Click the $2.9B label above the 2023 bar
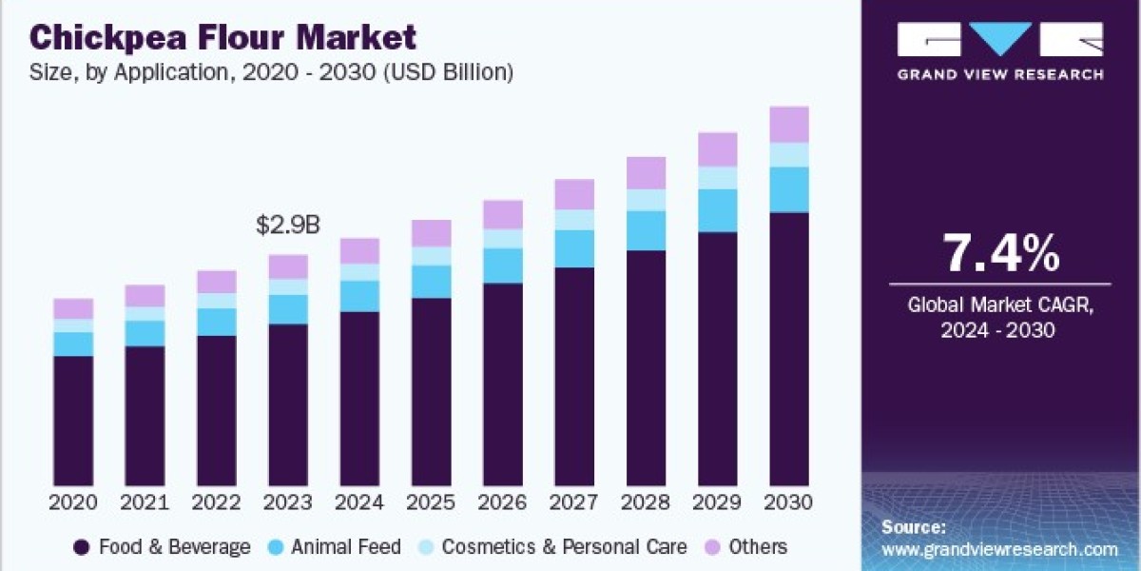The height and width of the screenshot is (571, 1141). [x=288, y=225]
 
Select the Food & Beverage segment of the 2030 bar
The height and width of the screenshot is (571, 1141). [x=789, y=349]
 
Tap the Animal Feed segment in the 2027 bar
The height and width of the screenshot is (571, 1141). [x=574, y=248]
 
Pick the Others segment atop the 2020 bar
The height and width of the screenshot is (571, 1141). [x=73, y=309]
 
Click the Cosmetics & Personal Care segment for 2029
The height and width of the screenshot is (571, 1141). [x=718, y=178]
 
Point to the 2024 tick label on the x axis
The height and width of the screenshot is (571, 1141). [x=359, y=502]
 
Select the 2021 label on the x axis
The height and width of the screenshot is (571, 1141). [x=145, y=502]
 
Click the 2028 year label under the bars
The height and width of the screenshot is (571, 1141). [x=646, y=502]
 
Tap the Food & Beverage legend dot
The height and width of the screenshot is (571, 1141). [x=82, y=547]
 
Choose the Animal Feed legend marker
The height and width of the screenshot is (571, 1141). [x=275, y=547]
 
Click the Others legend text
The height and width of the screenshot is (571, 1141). [x=758, y=547]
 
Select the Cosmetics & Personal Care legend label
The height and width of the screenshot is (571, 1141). [x=565, y=547]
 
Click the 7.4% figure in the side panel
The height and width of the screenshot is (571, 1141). [x=1001, y=253]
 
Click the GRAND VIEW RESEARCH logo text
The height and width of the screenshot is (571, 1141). [x=1000, y=75]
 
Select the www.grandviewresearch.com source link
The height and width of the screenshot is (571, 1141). [x=1000, y=550]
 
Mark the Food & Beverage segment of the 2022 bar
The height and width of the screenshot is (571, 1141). [x=217, y=411]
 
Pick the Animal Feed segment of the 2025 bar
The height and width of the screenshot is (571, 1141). [x=432, y=282]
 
